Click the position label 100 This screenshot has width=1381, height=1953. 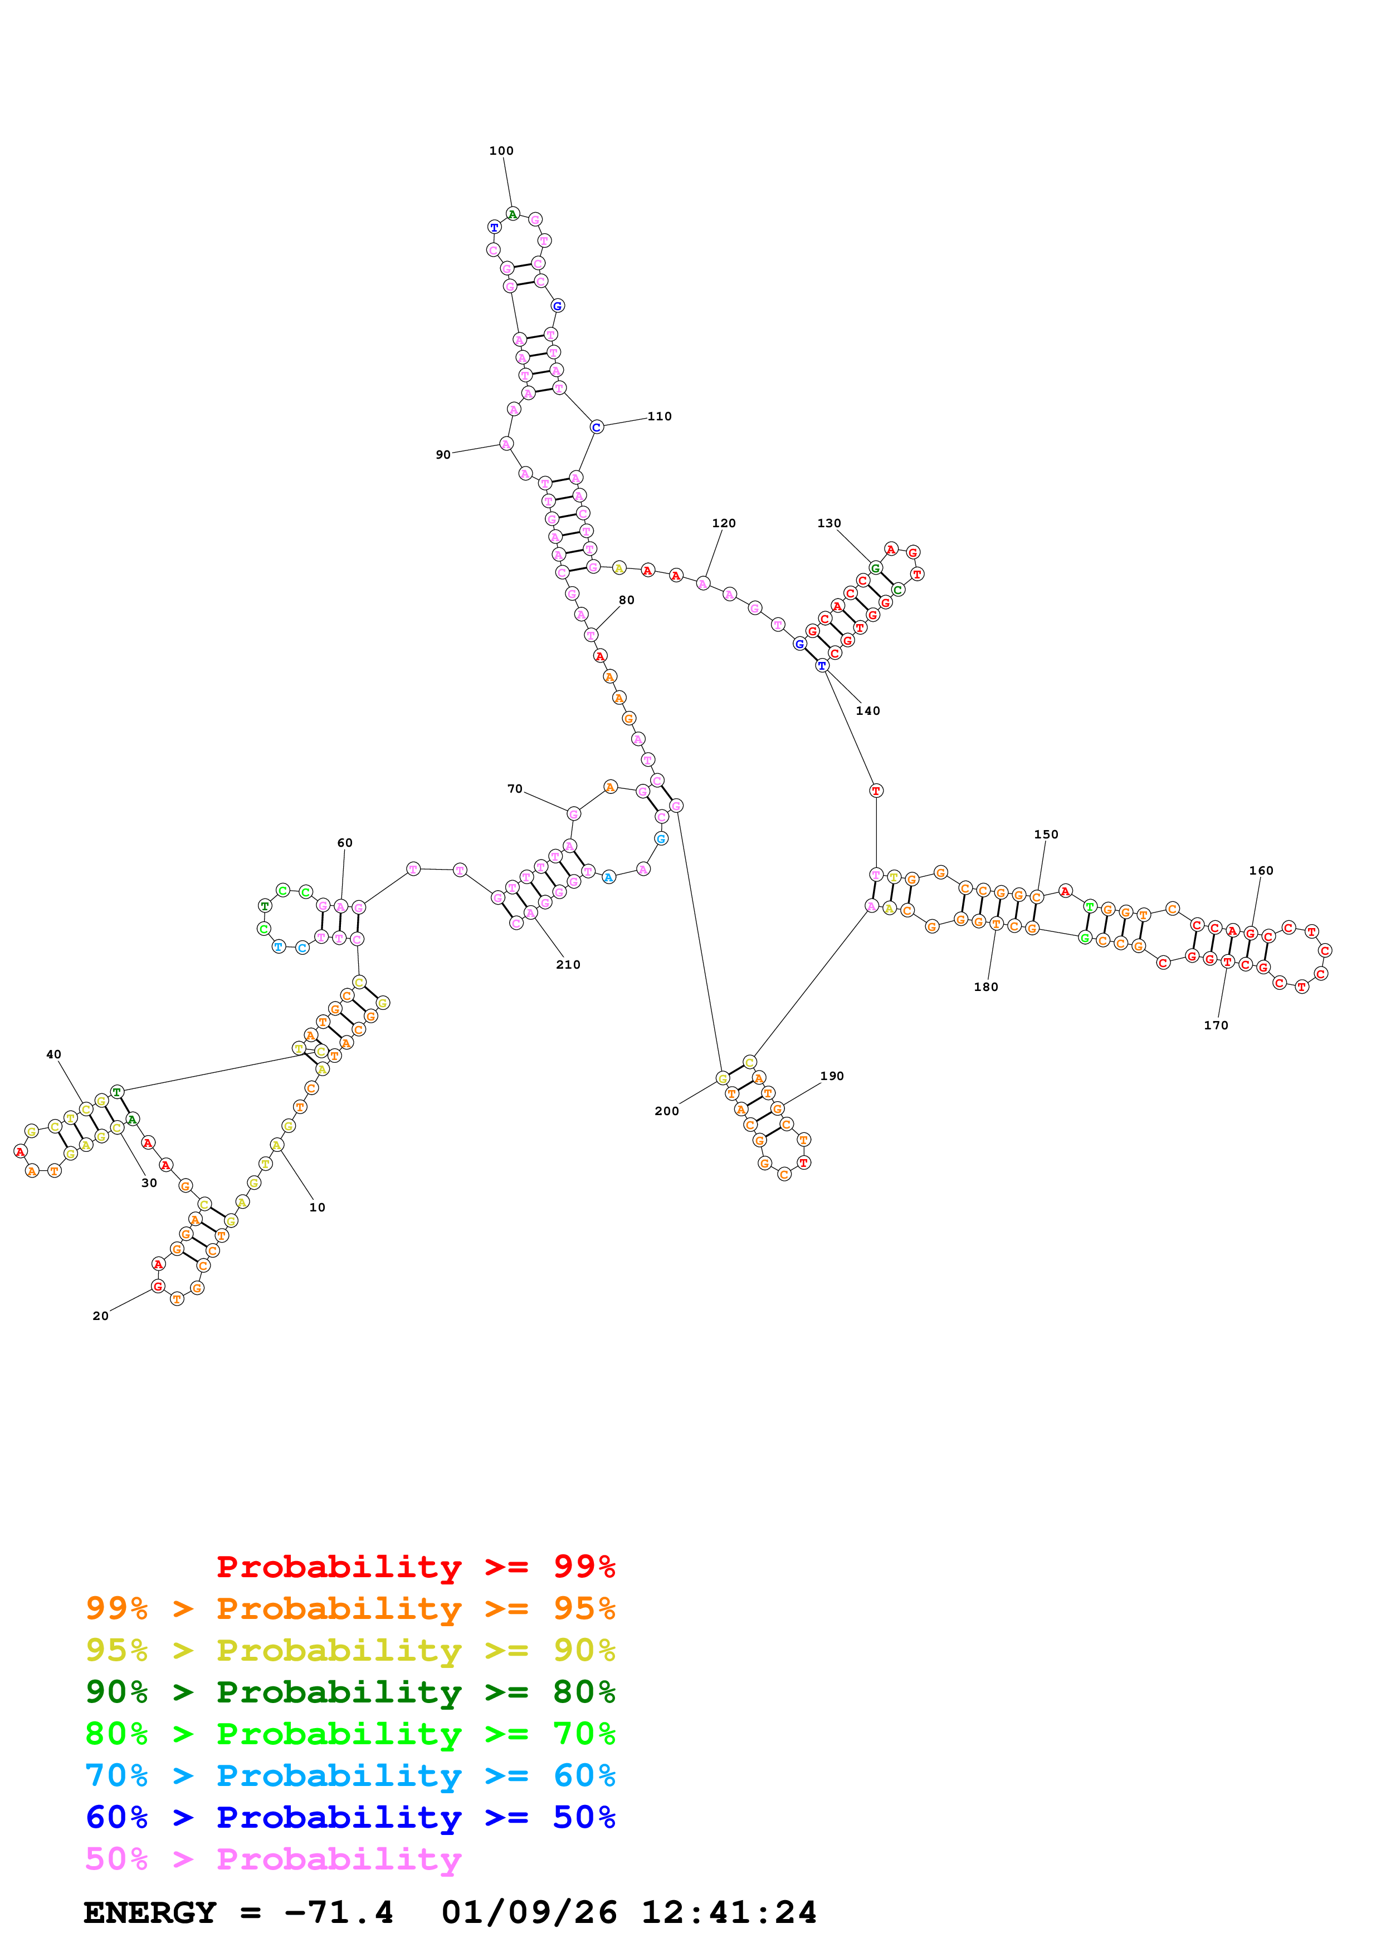pos(501,150)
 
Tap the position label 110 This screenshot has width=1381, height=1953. pos(660,416)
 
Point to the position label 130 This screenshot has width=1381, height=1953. pos(829,523)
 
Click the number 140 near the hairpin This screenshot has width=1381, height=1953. pos(868,711)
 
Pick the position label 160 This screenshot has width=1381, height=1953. pos(1261,870)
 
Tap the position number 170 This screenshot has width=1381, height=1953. pos(1216,1025)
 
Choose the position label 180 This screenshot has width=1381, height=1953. pos(986,987)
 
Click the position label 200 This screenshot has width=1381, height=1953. pos(667,1111)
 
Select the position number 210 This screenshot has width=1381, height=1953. pos(568,965)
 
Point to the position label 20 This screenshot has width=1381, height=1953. pos(100,1316)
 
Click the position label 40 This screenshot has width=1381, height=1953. pos(53,1054)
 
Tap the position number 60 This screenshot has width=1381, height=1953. pos(345,843)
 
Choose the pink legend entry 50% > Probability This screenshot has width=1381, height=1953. pos(273,1858)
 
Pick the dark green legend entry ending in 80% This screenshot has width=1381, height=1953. pos(350,1691)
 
